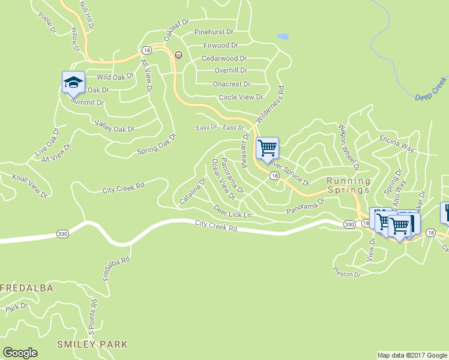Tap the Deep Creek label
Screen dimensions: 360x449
point(431,88)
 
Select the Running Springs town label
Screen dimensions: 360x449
point(348,185)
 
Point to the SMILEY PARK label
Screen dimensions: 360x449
point(92,344)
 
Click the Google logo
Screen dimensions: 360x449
point(20,352)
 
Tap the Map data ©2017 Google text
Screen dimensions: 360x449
point(412,355)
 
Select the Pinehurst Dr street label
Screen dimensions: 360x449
point(214,31)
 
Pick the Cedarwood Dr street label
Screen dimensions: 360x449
point(224,58)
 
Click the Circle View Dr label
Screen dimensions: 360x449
point(241,97)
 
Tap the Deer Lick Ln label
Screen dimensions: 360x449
point(232,211)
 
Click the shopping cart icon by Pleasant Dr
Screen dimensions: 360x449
point(267,147)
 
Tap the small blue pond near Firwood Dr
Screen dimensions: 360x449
point(283,37)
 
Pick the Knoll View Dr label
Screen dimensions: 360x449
point(31,186)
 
